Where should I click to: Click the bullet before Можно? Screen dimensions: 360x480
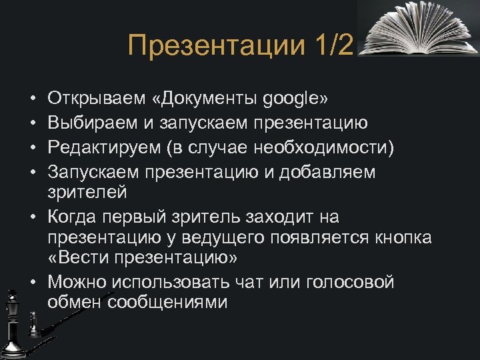point(32,282)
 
